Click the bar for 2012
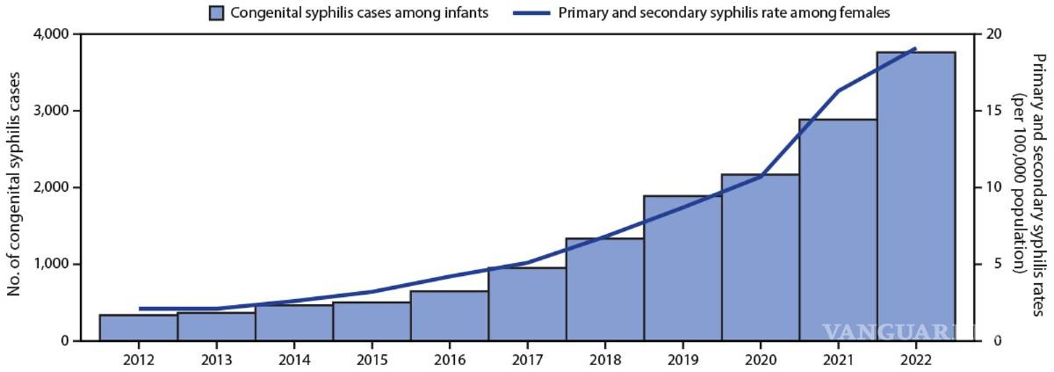point(138,327)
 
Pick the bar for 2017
point(527,304)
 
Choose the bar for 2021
point(838,230)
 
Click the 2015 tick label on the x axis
point(372,359)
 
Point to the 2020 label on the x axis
point(761,359)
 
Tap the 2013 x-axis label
point(216,359)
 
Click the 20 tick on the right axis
point(993,34)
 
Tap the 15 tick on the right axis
point(993,111)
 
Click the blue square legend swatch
point(217,12)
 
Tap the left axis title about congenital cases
point(15,187)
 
